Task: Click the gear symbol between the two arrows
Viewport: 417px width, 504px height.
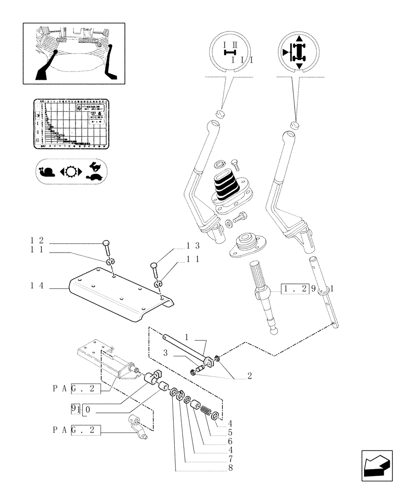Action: [x=69, y=172]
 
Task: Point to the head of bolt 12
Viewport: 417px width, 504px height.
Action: [x=106, y=243]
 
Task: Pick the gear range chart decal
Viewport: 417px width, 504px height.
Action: [x=71, y=123]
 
